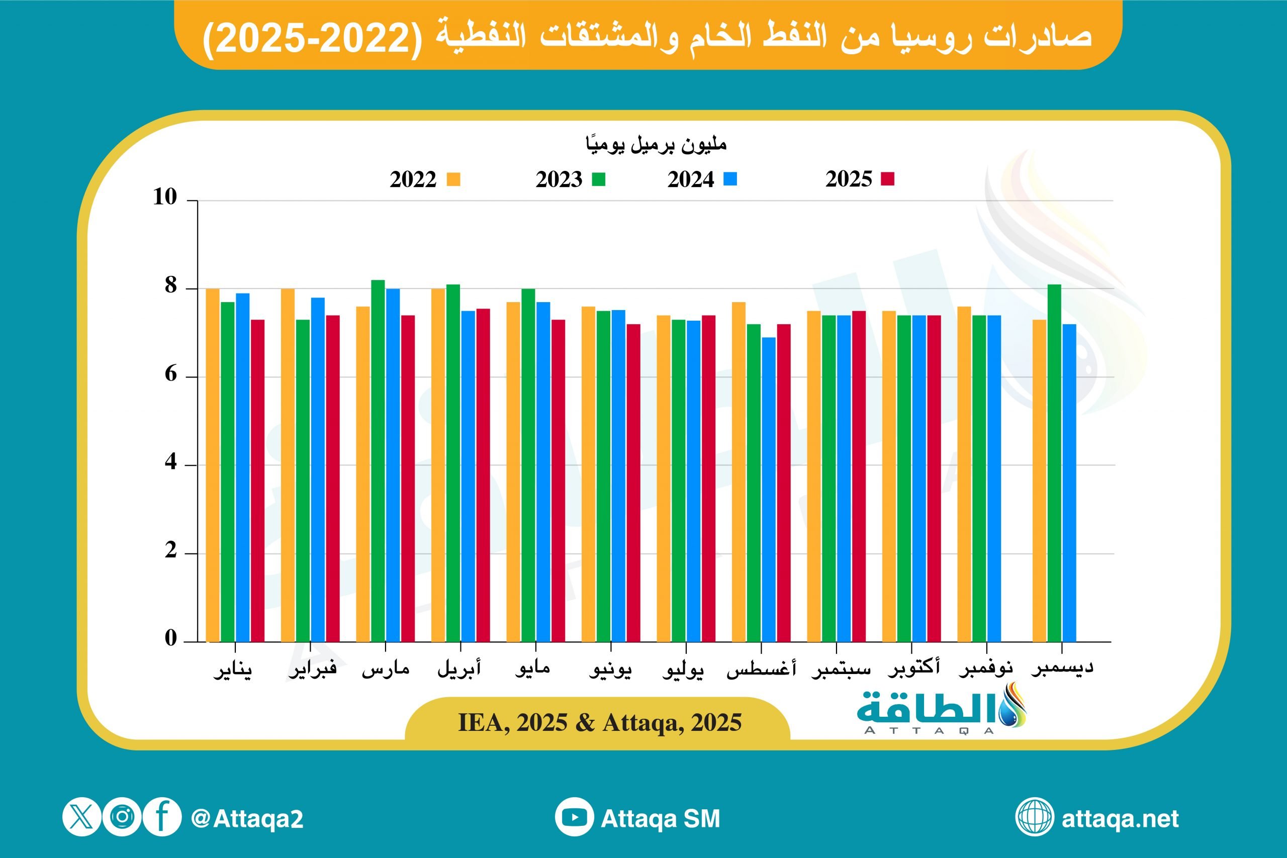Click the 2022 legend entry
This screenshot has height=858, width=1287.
(x=425, y=179)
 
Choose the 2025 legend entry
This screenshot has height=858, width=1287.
(x=859, y=179)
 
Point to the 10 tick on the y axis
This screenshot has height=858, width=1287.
(x=165, y=197)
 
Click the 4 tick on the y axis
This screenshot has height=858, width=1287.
(x=171, y=462)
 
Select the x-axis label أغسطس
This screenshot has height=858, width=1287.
(x=761, y=669)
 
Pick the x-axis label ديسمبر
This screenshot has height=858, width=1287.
(x=1062, y=668)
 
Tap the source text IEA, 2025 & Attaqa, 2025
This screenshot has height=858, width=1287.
(x=600, y=723)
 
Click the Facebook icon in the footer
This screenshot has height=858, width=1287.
(x=162, y=817)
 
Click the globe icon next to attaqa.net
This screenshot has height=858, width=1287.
(x=1034, y=817)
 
